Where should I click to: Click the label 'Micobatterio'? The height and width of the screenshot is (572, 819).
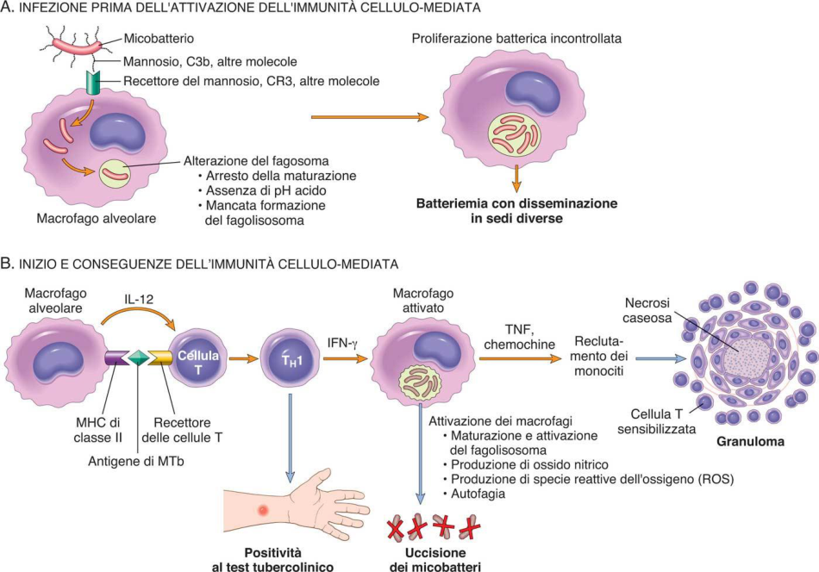159,39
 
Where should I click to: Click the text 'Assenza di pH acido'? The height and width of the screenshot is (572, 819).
266,190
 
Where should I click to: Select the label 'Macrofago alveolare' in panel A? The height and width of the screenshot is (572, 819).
96,218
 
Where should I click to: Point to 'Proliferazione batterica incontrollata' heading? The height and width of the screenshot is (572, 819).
516,39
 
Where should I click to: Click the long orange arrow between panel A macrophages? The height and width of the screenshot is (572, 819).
370,117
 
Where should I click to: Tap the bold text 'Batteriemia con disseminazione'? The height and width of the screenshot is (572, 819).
516,203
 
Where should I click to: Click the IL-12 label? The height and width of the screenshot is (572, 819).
139,300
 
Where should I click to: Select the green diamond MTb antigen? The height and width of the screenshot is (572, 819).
139,358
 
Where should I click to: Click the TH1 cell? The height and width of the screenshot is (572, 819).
291,359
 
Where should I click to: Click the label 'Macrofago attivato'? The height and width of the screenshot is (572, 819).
423,301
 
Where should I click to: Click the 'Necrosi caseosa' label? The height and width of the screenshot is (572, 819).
647,310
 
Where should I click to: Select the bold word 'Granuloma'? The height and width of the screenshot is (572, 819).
751,442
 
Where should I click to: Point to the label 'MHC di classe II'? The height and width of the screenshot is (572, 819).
97,431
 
